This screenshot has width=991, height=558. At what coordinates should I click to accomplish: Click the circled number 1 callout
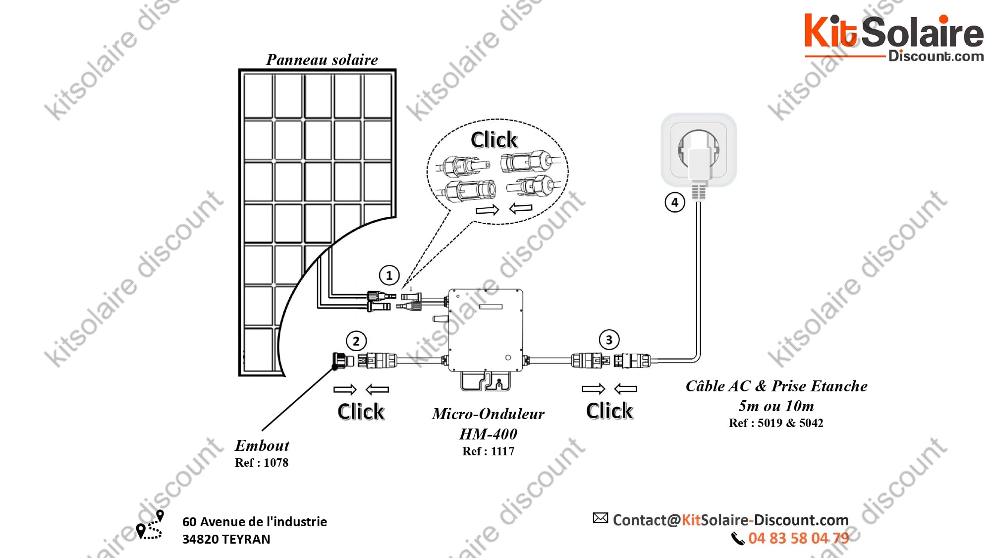(389, 275)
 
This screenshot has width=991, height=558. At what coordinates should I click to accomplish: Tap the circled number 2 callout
(356, 341)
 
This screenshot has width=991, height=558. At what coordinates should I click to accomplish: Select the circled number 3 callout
(609, 340)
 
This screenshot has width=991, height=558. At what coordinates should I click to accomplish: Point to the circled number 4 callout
(674, 202)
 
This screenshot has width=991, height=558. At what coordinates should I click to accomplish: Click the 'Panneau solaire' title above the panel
(322, 60)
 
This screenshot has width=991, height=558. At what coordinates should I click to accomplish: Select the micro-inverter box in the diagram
(486, 330)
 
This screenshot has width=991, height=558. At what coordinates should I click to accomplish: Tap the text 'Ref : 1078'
(262, 463)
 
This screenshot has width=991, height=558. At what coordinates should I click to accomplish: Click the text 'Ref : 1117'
(488, 451)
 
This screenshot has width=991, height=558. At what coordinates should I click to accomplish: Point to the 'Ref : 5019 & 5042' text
(776, 423)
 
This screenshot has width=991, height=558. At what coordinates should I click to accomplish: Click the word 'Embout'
(262, 445)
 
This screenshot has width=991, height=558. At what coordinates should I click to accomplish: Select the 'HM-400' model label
(488, 434)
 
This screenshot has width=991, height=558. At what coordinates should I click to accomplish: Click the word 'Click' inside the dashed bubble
(494, 140)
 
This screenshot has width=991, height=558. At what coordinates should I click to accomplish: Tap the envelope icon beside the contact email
(600, 518)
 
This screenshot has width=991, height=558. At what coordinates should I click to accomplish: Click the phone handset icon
(738, 539)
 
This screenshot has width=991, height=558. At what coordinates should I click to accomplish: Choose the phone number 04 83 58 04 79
(799, 538)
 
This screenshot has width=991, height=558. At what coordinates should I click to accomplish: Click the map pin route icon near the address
(150, 525)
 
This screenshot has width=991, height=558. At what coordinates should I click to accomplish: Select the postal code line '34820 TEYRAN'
(226, 539)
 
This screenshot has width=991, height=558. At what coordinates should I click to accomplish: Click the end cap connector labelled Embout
(342, 361)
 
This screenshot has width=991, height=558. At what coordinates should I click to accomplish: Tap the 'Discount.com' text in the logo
(936, 56)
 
